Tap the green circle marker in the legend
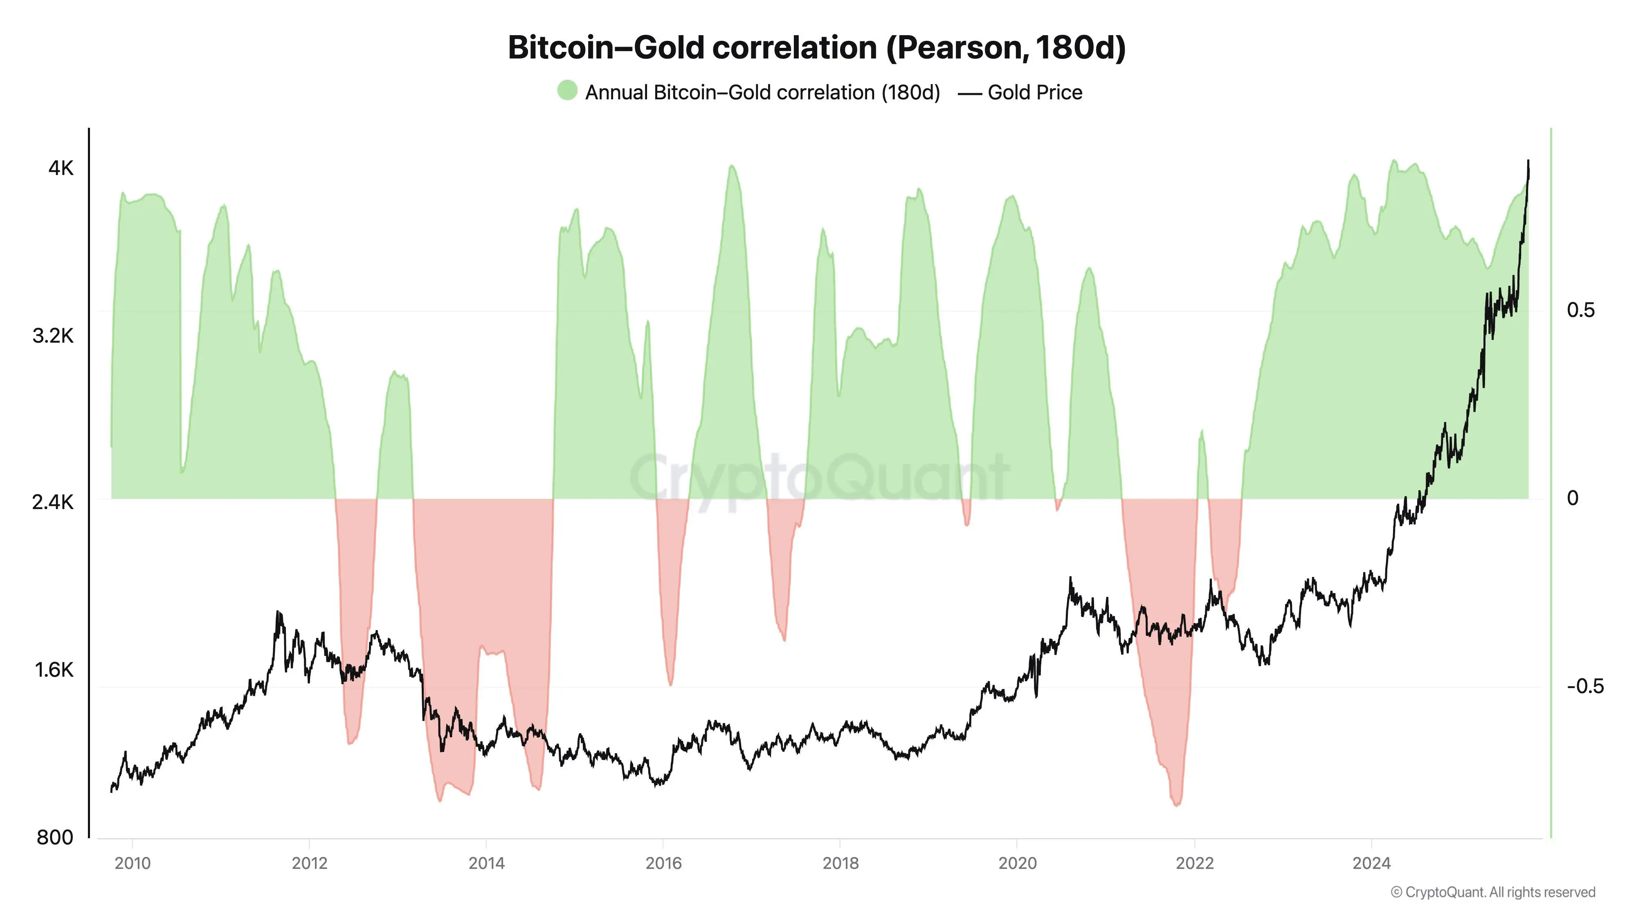(567, 91)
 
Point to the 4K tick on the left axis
(61, 168)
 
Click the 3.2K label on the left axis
(53, 336)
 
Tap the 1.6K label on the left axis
(55, 670)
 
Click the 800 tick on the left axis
(55, 837)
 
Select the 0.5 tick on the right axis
(1580, 310)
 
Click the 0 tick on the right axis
(1573, 498)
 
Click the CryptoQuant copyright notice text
(1492, 893)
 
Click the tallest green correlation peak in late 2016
(732, 166)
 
